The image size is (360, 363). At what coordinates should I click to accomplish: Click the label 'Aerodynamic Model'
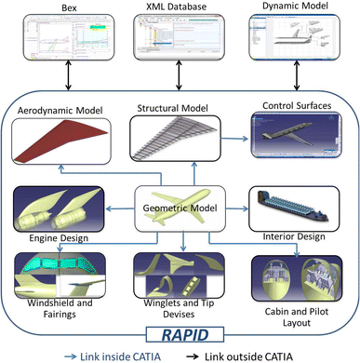57,112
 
